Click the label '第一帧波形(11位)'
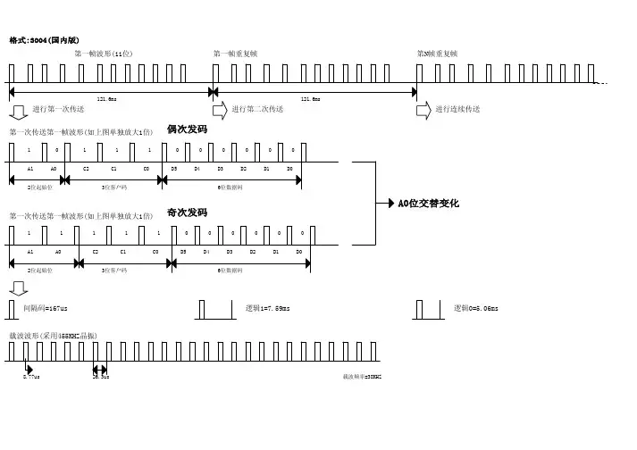[104, 54]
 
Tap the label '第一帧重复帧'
[235, 54]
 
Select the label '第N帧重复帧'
[437, 54]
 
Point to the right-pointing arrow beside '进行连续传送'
[424, 109]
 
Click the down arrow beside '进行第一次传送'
[19, 110]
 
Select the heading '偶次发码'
[187, 129]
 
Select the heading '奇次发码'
[187, 212]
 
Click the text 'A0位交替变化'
[428, 204]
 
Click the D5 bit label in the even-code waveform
[175, 168]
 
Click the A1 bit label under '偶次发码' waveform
[30, 168]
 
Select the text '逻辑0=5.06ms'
[476, 308]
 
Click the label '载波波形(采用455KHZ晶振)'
[53, 335]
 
